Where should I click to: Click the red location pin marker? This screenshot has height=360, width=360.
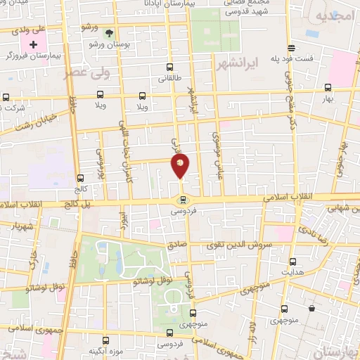[x=181, y=166]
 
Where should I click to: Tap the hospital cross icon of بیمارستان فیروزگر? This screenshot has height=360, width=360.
[x=32, y=44]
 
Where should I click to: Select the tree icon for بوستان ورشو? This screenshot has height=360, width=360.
[x=108, y=32]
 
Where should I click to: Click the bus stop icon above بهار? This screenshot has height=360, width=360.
[x=328, y=88]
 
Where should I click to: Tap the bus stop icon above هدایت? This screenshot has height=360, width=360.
[x=286, y=259]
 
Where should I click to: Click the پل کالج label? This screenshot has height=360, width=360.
[x=56, y=205]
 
